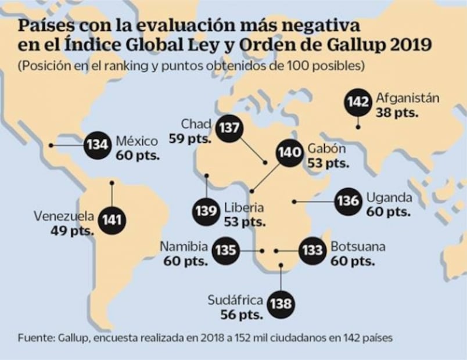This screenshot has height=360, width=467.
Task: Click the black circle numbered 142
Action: (358, 102)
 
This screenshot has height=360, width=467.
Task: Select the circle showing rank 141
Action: (112, 221)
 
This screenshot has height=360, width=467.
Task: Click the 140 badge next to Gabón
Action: (289, 153)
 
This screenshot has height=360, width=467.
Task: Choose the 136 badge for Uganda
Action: (348, 201)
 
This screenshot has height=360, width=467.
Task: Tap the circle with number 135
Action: (225, 250)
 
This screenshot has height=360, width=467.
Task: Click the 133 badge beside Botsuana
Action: (312, 251)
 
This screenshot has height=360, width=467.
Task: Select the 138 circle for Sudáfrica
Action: (281, 303)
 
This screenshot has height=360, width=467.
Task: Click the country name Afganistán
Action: (407, 98)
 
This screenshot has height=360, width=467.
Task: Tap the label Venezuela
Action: (64, 217)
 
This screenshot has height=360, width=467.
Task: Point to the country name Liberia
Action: (244, 207)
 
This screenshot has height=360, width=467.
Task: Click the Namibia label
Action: (184, 247)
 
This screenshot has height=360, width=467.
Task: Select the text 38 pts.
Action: (397, 112)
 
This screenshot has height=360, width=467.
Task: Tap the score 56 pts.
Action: (242, 315)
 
